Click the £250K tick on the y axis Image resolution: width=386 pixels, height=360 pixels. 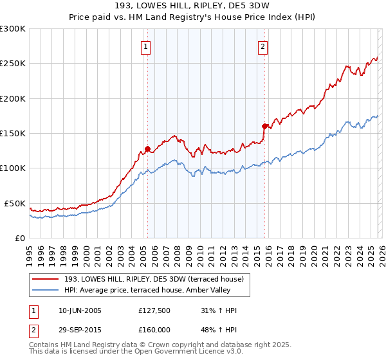(x=13, y=64)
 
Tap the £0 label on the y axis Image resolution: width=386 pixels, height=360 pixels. (x=20, y=238)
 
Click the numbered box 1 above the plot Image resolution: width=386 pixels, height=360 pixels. (x=147, y=46)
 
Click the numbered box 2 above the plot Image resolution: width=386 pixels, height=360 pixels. (x=264, y=46)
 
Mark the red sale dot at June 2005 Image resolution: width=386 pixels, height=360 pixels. (x=147, y=149)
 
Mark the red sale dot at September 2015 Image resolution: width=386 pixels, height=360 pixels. (x=264, y=126)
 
